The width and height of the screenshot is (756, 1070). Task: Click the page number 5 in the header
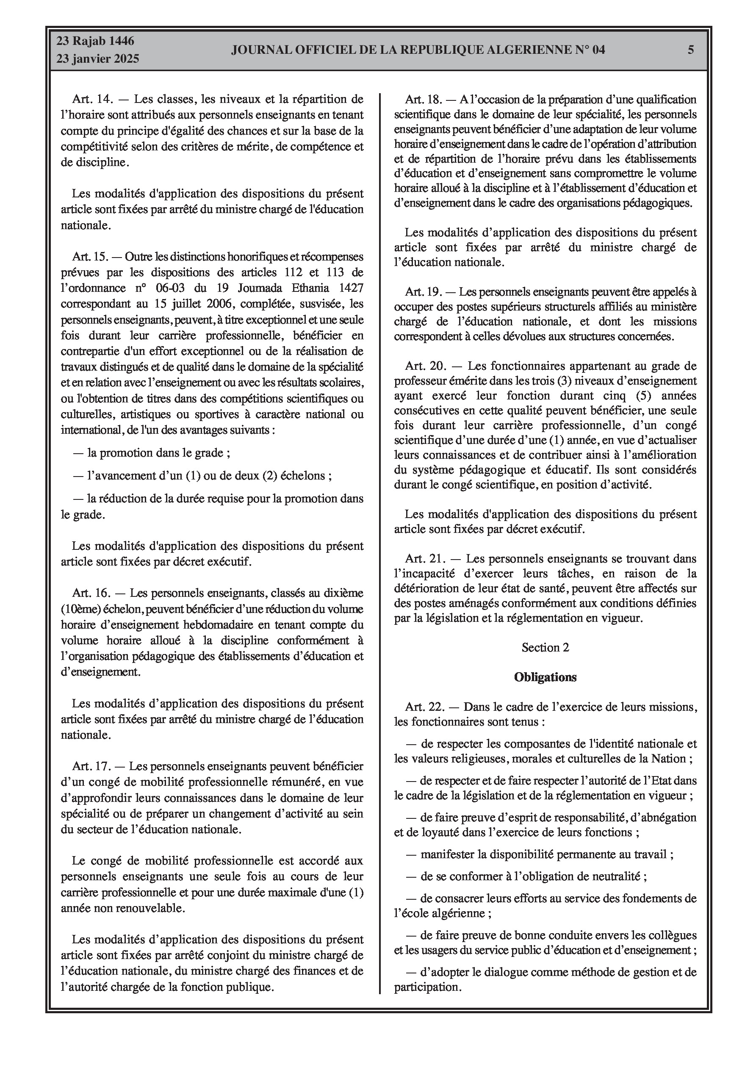(691, 50)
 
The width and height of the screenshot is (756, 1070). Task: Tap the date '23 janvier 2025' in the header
(98, 59)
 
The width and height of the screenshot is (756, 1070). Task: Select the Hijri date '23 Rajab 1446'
(95, 41)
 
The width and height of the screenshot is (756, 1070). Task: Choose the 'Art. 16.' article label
(91, 593)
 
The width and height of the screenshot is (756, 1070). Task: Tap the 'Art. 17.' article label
(91, 766)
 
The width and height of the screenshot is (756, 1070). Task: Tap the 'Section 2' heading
(546, 647)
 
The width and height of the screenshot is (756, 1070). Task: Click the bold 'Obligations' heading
(546, 677)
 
